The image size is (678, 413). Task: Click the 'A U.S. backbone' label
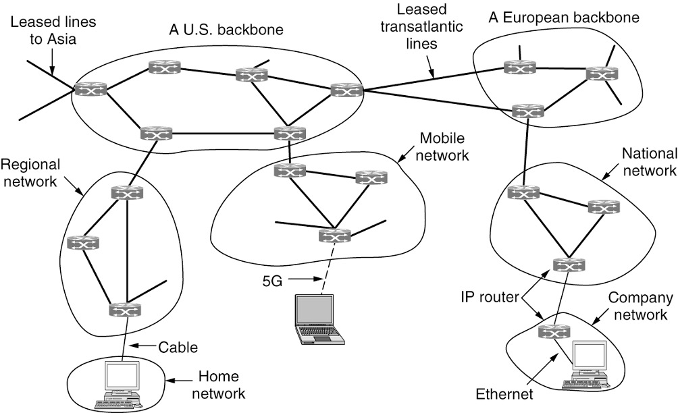click(226, 30)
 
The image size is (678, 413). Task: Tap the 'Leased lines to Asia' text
click(53, 30)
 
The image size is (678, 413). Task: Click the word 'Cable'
click(178, 348)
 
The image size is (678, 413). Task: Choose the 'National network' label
click(648, 162)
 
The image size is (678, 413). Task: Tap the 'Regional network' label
click(31, 174)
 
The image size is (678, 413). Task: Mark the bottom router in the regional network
click(125, 310)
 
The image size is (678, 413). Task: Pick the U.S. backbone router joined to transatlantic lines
click(347, 89)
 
